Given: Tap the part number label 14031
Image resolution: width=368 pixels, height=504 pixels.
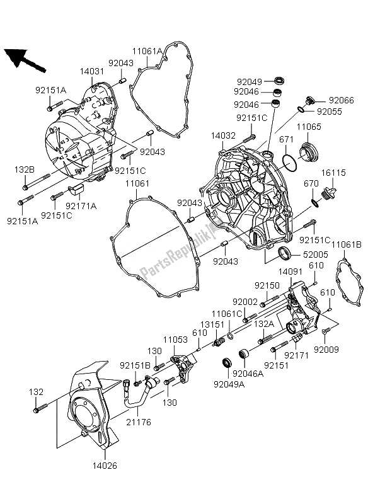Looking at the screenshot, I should pyautogui.click(x=91, y=72).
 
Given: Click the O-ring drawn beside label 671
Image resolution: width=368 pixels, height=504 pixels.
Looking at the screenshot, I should pyautogui.click(x=290, y=162).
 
